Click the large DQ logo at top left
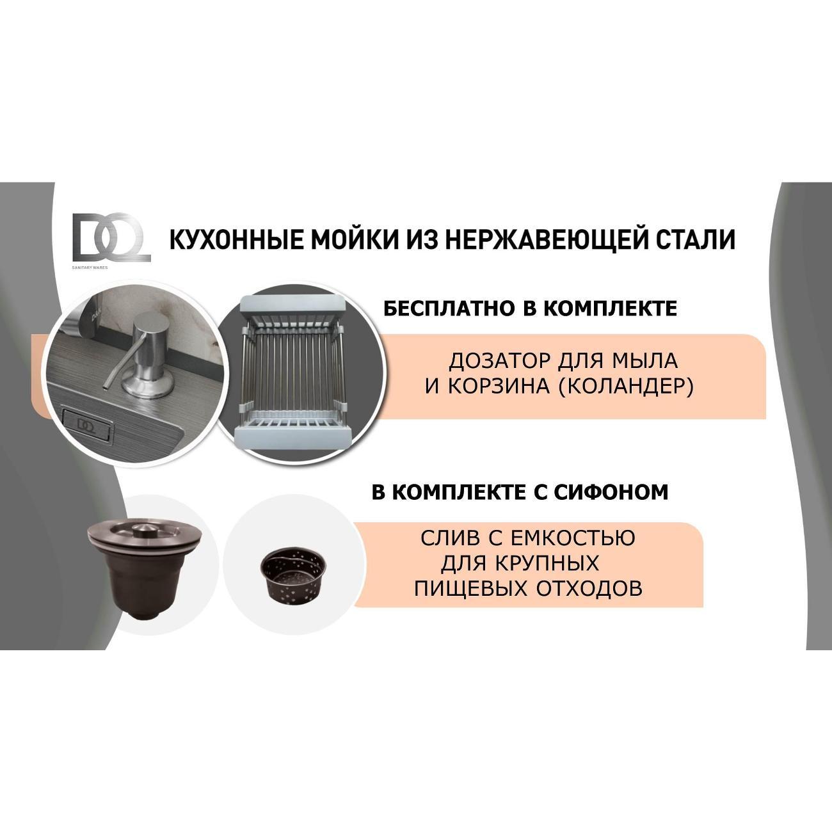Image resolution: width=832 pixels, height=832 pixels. pos(111,237)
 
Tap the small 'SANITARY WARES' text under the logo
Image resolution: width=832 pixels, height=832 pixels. pos(90,268)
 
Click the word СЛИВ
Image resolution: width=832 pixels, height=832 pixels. pos(449,538)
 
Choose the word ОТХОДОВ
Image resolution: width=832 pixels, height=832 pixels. pos(589,589)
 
